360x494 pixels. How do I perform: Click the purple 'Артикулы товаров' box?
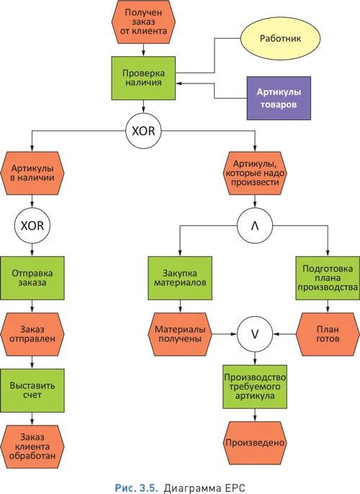click(279, 97)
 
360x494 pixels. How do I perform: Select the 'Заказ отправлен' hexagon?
click(33, 332)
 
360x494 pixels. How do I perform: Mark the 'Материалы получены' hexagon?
click(180, 332)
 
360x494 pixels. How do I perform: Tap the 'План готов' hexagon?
click(328, 332)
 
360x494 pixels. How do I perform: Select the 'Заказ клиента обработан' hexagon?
click(33, 445)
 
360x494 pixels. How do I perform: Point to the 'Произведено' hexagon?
click(256, 441)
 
